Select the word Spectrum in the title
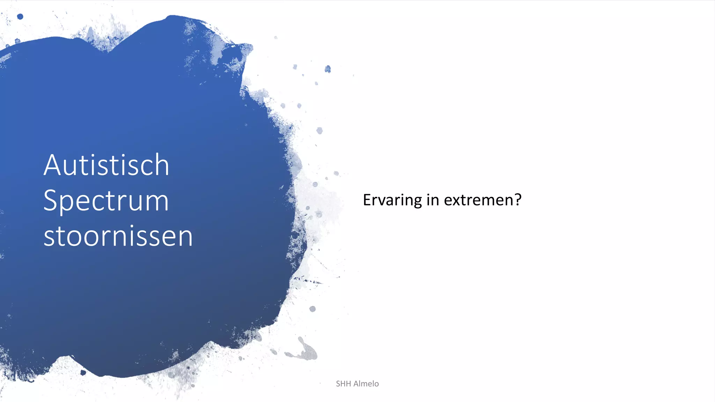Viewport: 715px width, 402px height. (x=106, y=201)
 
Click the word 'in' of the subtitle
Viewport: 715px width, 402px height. (x=433, y=200)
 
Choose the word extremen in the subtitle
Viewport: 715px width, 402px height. (x=478, y=200)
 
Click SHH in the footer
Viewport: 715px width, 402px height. (x=343, y=384)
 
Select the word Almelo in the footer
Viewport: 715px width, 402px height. (x=366, y=384)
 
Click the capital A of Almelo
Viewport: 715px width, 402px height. (x=357, y=384)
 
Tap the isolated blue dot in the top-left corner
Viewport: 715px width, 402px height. (x=20, y=16)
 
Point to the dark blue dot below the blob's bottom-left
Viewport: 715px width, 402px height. (x=83, y=372)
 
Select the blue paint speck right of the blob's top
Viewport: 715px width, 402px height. (x=327, y=69)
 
